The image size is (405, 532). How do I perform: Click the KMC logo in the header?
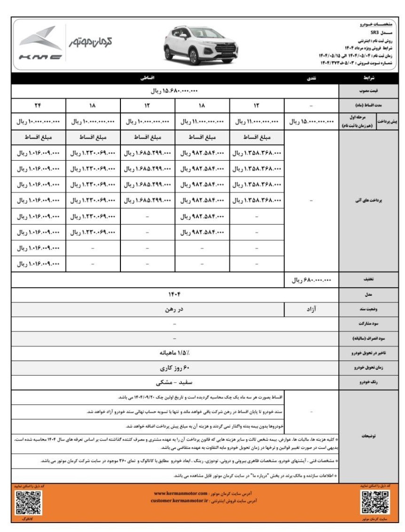coord(40,44)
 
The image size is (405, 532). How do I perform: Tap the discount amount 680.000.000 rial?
coord(311,280)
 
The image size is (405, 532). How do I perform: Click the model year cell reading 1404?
coord(175,294)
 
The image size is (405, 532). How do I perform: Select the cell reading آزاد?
coord(311,309)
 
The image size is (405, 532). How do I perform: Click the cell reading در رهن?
coord(175,309)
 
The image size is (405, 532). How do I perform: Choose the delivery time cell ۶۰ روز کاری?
coord(175,368)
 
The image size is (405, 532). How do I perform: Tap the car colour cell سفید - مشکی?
coord(175,382)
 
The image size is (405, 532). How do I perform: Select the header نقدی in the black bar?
coord(311,78)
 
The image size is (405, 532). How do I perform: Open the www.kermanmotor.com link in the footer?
coord(181,493)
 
